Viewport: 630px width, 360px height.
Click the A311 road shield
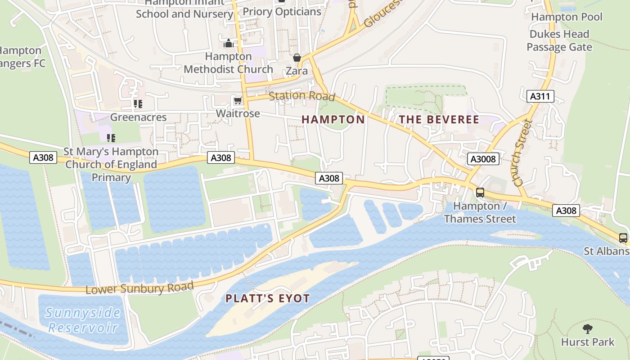[540, 96]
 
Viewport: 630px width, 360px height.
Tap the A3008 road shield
[484, 159]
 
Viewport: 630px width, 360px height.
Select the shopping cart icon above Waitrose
[237, 100]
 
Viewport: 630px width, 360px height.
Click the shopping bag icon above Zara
[297, 58]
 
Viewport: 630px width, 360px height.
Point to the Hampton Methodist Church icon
[229, 44]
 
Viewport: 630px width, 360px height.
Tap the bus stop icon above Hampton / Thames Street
[480, 193]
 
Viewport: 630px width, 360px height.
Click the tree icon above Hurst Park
[587, 328]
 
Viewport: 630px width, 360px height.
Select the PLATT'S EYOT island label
[268, 298]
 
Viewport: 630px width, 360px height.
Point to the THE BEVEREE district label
[439, 120]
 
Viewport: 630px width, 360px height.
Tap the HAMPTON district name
[333, 120]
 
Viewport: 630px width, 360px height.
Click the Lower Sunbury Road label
[139, 288]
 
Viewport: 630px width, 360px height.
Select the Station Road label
[302, 96]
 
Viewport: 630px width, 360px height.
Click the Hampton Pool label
[567, 17]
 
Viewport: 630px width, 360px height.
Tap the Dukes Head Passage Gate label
[559, 40]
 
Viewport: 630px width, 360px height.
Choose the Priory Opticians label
[282, 12]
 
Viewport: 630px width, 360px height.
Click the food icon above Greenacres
[138, 104]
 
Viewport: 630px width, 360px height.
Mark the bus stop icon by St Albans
[623, 238]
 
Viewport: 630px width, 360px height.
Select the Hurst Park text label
[587, 342]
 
